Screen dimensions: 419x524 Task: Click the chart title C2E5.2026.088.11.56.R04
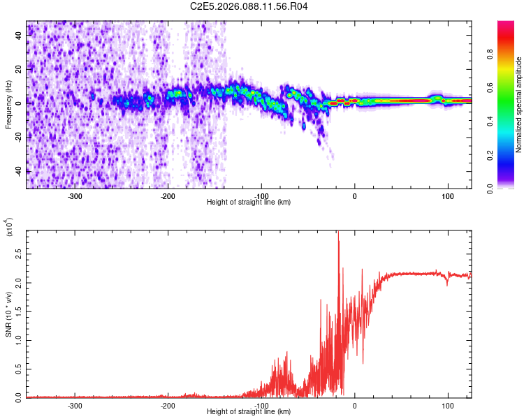click(x=249, y=6)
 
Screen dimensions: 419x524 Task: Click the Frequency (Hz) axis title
click(x=9, y=105)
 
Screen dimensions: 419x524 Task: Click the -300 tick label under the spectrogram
click(x=75, y=196)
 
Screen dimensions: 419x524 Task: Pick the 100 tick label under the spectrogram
click(x=447, y=196)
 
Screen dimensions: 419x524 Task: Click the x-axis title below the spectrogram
click(x=249, y=203)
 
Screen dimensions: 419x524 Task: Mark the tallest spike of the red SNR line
click(x=338, y=233)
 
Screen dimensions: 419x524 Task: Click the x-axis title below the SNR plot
click(x=249, y=412)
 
